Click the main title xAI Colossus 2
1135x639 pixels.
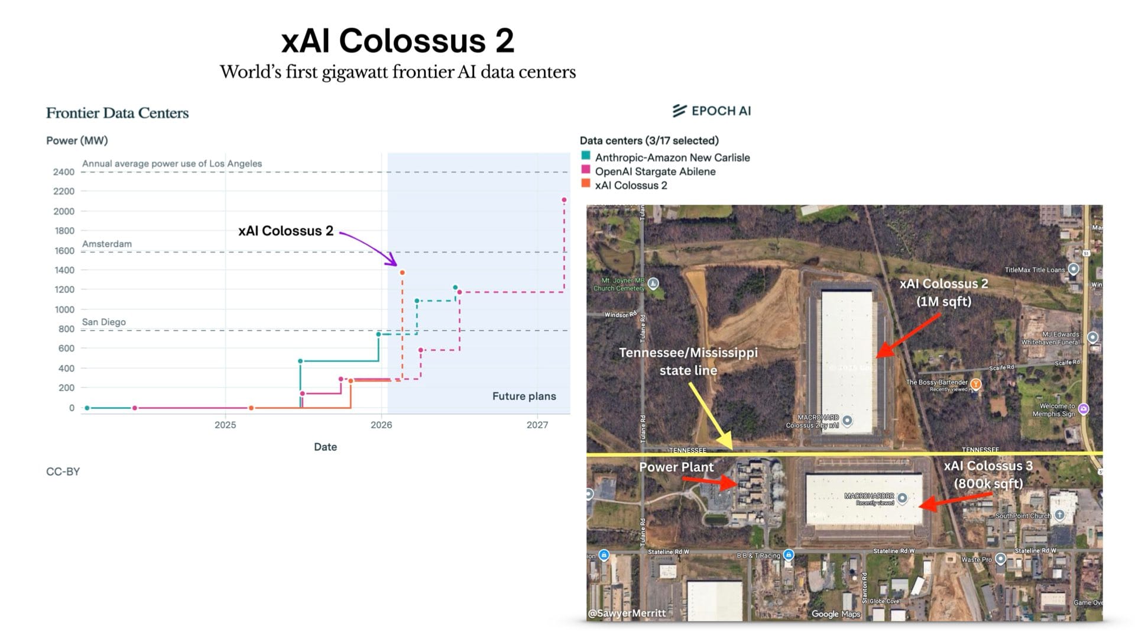[x=397, y=41]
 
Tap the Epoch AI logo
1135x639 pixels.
[x=712, y=111]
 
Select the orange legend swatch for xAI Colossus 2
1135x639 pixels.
[x=586, y=183]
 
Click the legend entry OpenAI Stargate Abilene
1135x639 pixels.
[x=655, y=172]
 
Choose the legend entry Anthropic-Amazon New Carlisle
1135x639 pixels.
[x=672, y=157]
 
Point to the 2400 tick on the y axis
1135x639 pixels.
[x=64, y=172]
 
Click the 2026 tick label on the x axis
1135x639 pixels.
[x=381, y=425]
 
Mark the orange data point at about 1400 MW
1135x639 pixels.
[x=403, y=272]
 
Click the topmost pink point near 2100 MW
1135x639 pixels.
[x=564, y=200]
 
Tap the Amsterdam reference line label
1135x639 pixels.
[x=107, y=244]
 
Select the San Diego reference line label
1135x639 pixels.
[x=104, y=322]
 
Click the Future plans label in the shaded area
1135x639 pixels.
[x=524, y=396]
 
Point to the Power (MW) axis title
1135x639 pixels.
[x=77, y=140]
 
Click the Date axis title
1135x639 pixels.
[x=325, y=447]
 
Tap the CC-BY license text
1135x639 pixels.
[x=63, y=472]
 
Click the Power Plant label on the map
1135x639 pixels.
[x=676, y=467]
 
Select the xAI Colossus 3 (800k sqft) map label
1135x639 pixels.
[x=988, y=475]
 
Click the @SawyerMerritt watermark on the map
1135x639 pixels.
[x=627, y=613]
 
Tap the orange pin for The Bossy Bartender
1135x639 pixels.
[x=976, y=384]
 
